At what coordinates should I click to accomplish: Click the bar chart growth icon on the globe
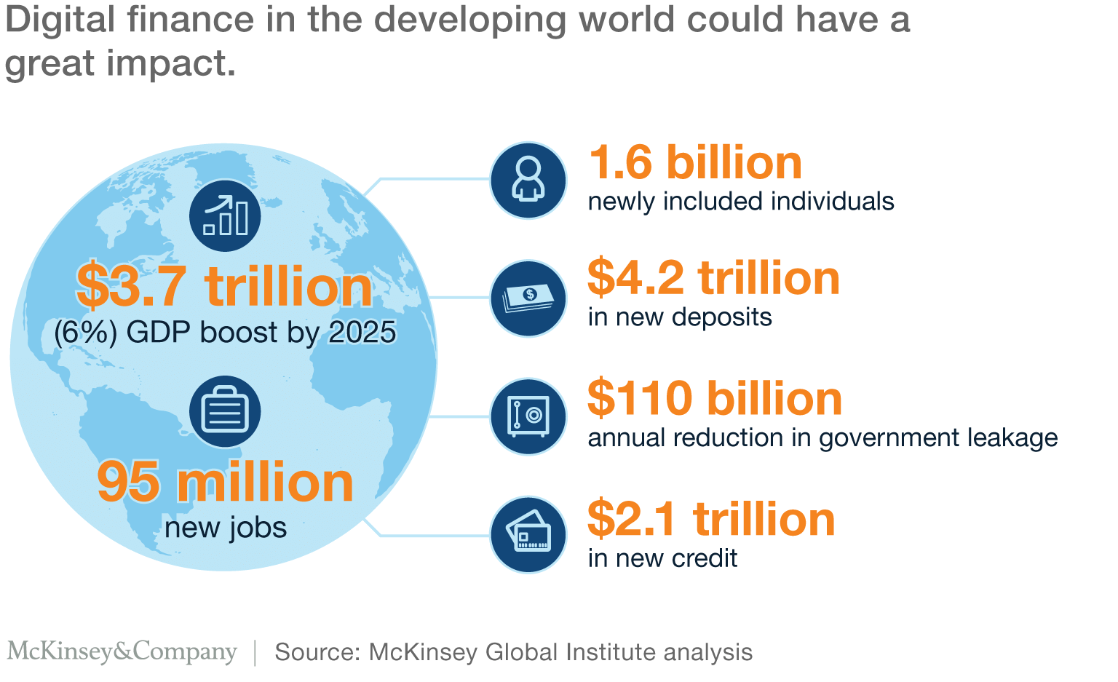tap(226, 215)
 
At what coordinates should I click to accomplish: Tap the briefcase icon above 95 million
tap(226, 411)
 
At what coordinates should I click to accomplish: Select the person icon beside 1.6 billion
tap(528, 180)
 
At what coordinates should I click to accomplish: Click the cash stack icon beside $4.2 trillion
tap(528, 298)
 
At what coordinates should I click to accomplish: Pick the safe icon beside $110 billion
tap(528, 417)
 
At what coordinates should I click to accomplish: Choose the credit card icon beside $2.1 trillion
tap(528, 535)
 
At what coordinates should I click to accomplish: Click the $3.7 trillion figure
tap(224, 287)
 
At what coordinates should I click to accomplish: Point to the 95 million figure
tap(226, 482)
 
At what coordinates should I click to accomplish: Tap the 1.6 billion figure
tap(695, 162)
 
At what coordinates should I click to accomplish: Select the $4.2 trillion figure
tap(713, 278)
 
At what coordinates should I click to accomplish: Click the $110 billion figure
tap(715, 398)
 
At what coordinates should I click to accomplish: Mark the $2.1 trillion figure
tap(711, 519)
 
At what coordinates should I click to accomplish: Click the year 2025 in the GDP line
tap(362, 333)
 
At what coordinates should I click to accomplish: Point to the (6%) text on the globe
tap(85, 333)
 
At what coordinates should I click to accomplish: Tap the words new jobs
tap(226, 528)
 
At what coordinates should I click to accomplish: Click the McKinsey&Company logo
tap(122, 651)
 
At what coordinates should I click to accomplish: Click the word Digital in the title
tap(60, 20)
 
